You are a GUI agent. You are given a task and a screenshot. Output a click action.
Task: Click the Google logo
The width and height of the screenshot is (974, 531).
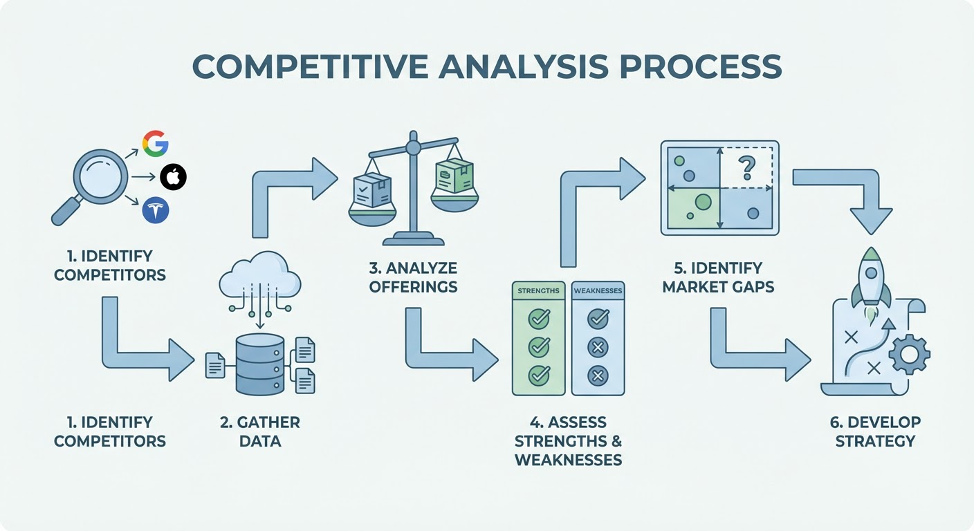[156, 143]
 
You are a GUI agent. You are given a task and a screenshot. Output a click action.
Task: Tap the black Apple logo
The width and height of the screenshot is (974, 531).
[173, 178]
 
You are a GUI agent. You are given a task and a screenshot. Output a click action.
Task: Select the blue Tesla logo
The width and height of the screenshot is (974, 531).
[156, 210]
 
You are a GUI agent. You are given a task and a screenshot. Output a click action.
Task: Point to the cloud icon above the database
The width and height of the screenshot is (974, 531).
[259, 277]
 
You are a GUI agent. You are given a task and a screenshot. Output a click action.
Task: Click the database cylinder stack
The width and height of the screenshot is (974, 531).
[259, 365]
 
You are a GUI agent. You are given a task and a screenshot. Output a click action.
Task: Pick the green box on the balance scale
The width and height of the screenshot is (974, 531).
[454, 177]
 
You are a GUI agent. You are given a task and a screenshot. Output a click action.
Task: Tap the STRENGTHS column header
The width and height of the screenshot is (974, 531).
[538, 291]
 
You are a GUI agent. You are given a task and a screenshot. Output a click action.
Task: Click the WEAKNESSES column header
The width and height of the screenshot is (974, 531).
[598, 291]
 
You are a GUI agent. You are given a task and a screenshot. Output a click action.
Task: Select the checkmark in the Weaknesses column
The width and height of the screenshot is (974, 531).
[598, 319]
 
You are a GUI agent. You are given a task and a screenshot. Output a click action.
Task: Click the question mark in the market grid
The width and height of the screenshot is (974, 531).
[746, 167]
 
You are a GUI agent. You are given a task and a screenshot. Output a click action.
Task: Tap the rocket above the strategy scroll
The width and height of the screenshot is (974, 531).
[870, 280]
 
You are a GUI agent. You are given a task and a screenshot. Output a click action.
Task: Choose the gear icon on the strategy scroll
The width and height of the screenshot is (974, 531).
[908, 354]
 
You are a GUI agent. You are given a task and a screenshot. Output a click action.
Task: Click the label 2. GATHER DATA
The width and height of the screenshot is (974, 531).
[260, 431]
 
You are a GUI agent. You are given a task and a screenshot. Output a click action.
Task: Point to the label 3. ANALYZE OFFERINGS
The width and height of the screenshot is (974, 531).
[413, 277]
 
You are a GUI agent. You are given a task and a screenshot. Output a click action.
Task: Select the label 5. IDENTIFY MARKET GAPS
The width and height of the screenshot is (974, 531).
[718, 277]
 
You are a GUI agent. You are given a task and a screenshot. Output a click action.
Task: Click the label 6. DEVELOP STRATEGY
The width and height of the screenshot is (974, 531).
[875, 431]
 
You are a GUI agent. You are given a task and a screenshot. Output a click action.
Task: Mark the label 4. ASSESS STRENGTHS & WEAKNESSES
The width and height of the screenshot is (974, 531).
[568, 440]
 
